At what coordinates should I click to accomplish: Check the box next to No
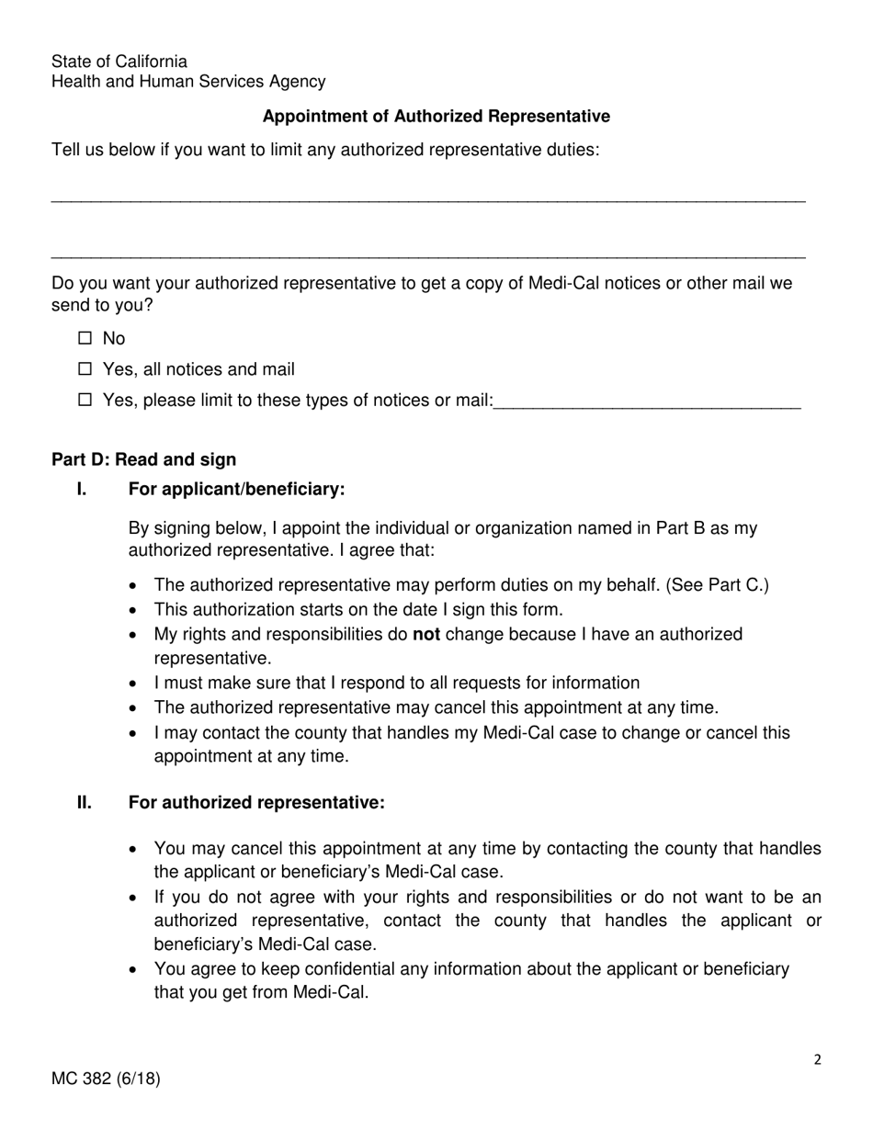pos(85,338)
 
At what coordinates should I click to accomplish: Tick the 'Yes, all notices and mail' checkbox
pos(85,369)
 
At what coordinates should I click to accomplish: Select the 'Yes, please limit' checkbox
pos(85,400)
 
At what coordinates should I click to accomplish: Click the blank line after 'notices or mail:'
pos(647,404)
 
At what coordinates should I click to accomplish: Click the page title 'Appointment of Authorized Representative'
pos(436,117)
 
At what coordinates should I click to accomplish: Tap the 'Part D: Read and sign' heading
pos(143,459)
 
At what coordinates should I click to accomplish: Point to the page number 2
pos(817,1059)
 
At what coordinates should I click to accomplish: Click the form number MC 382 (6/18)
pos(106,1079)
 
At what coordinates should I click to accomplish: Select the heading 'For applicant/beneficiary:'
pos(236,489)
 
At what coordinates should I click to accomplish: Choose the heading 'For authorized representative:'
pos(256,803)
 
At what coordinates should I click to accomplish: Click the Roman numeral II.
pos(85,803)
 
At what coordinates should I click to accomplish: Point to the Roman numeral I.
pos(82,489)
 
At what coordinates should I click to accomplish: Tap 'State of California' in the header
pos(119,62)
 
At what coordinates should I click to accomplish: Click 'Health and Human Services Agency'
pos(188,82)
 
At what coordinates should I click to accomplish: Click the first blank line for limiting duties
pos(428,199)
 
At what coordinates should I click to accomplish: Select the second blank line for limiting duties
pos(428,256)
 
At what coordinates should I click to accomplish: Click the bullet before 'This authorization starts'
pos(135,610)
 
